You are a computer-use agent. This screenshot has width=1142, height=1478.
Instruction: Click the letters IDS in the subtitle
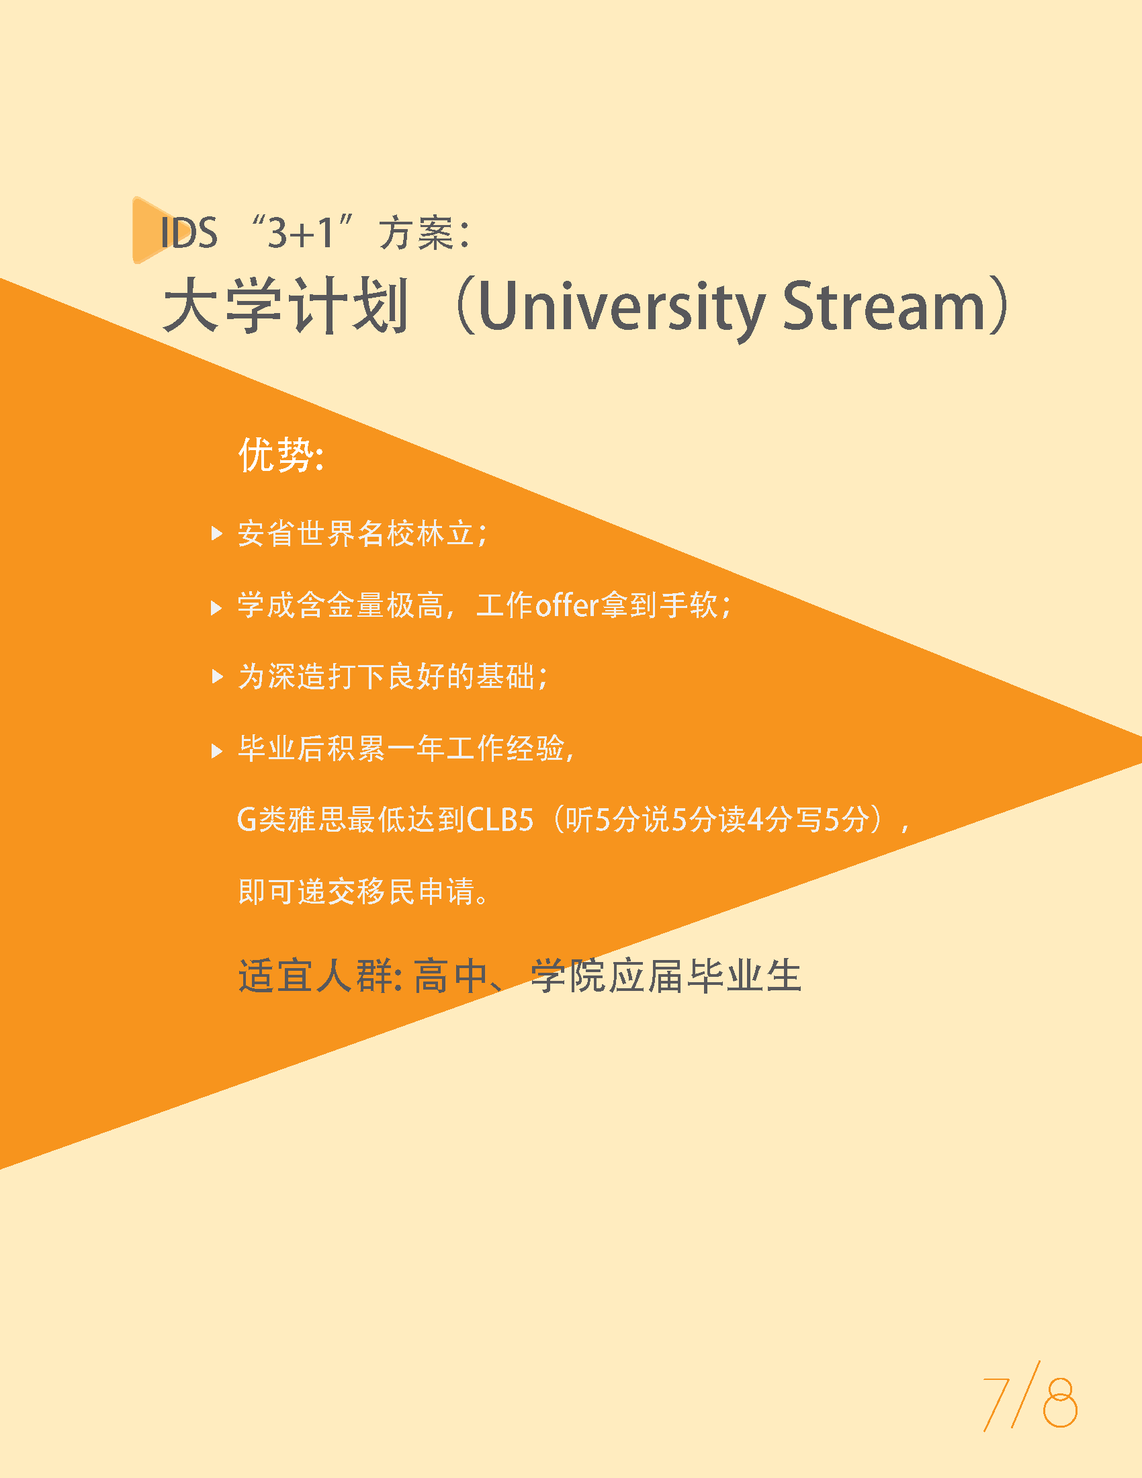click(189, 233)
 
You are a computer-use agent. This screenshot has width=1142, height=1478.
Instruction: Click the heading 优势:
click(281, 454)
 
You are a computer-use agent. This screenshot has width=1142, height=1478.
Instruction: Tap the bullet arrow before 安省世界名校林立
click(217, 533)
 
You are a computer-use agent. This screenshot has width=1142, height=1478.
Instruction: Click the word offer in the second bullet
click(567, 605)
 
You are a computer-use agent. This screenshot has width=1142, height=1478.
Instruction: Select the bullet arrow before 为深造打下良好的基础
click(217, 676)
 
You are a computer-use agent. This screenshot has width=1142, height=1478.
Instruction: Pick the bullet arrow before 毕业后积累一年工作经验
click(217, 750)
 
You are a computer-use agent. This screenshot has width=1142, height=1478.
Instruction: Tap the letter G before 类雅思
click(247, 820)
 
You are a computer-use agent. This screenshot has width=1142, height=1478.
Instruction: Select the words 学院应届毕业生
click(666, 976)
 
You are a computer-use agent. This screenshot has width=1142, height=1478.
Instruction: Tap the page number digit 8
click(1059, 1401)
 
